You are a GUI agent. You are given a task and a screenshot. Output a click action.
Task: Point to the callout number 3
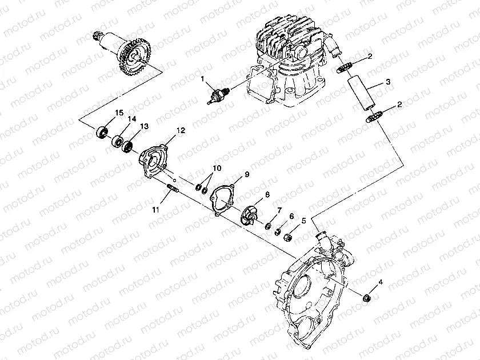point(388,83)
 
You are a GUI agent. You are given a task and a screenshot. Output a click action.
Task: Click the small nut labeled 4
point(367,297)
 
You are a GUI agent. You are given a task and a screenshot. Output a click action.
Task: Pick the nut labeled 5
point(289,235)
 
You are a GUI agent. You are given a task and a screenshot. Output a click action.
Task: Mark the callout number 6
point(291,217)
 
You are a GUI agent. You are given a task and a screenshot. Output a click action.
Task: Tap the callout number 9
point(247,174)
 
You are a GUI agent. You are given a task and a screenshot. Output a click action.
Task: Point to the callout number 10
point(217,168)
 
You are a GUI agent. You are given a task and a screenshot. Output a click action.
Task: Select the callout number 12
point(181,131)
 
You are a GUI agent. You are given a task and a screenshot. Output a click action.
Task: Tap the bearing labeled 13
point(128,145)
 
